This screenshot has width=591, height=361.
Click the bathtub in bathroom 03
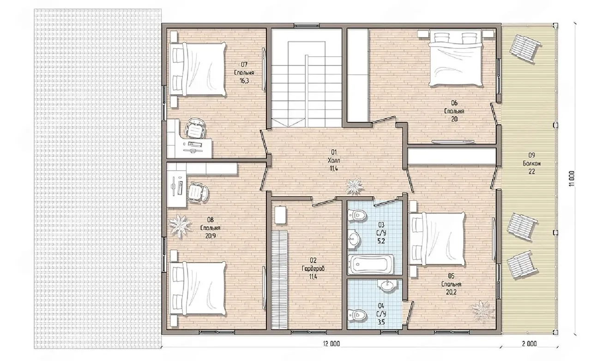pos(371,264)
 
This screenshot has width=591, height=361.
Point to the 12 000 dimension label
pos(332,344)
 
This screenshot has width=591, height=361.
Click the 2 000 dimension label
pos(529,344)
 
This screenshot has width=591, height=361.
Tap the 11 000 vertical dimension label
pos(571,179)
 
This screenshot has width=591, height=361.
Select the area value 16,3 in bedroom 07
pos(244,81)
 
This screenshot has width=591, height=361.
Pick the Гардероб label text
pos(313,269)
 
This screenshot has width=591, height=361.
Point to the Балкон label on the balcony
pos(531,163)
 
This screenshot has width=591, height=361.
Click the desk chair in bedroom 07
pos(195,128)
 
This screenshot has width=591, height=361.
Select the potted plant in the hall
pos(355,187)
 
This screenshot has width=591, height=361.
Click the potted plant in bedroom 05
pos(482,312)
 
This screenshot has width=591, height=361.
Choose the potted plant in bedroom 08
pos(180,226)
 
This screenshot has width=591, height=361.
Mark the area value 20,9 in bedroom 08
pos(210,236)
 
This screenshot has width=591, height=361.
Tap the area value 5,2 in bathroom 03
pos(381,241)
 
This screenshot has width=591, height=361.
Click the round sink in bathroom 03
pos(353,239)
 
